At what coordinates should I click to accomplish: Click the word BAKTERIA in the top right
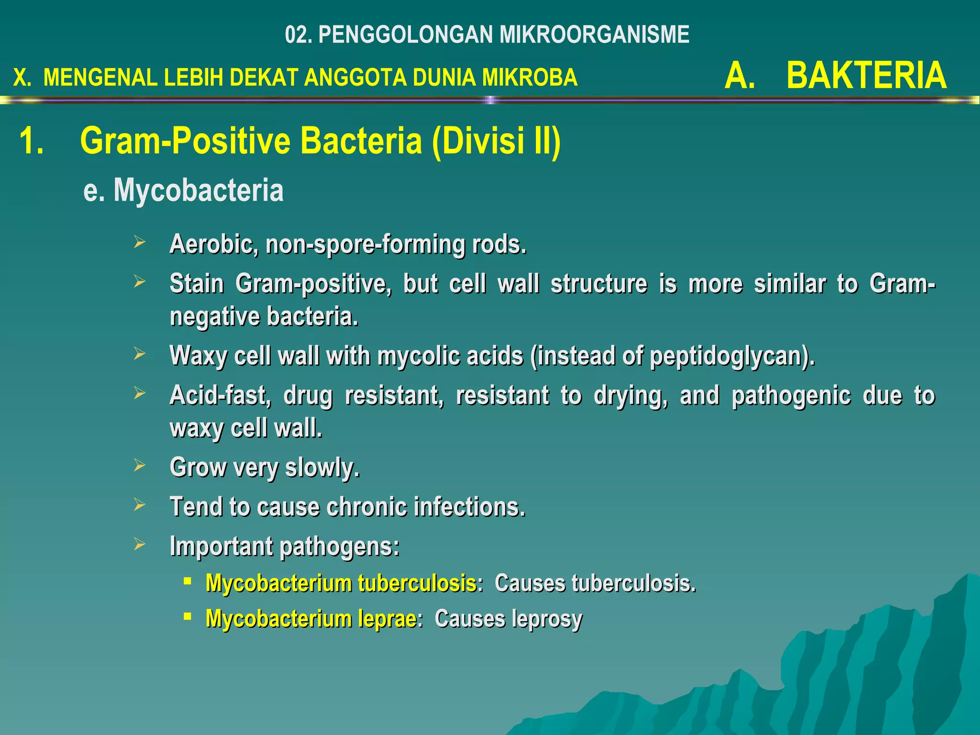coord(866,76)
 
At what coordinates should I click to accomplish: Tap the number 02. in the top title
coord(299,35)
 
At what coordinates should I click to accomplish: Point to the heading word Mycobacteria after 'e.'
coord(199,190)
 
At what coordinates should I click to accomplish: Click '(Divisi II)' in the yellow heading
coord(496,141)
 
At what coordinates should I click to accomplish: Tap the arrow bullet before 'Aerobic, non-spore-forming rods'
coord(139,242)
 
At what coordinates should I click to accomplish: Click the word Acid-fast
coord(220,395)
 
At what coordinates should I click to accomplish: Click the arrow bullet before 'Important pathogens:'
coord(139,544)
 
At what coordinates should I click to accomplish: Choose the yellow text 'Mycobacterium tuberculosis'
coord(341,583)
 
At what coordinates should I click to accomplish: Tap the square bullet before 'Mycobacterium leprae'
coord(188,616)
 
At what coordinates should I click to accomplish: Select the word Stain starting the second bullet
coord(197,284)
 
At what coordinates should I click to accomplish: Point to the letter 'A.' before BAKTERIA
coord(740,76)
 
